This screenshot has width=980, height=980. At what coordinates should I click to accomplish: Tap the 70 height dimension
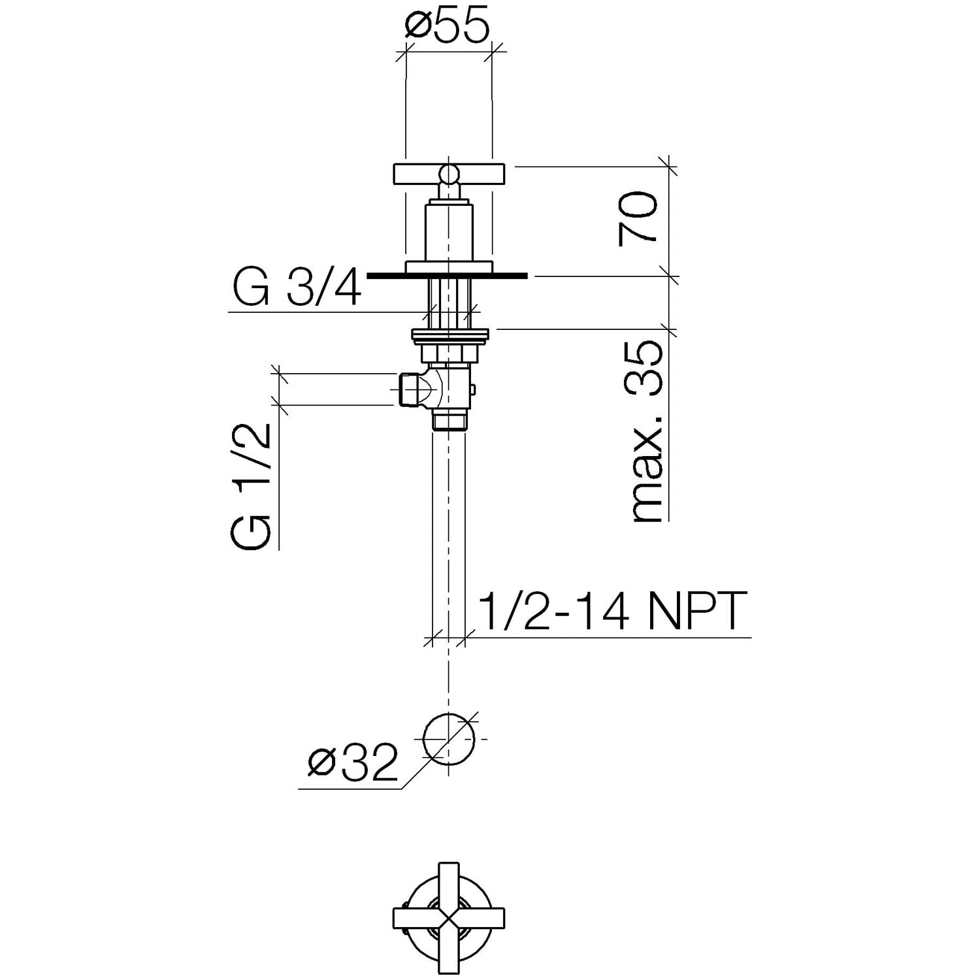coord(638,218)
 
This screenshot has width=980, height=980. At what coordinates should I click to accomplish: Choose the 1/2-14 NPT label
coord(612,611)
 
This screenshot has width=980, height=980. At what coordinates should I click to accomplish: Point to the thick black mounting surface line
coord(447,276)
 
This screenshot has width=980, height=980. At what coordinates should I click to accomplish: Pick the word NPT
coord(697,611)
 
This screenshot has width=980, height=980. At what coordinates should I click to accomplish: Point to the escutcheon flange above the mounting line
coord(448,267)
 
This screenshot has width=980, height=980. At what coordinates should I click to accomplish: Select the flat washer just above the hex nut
coord(449,335)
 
